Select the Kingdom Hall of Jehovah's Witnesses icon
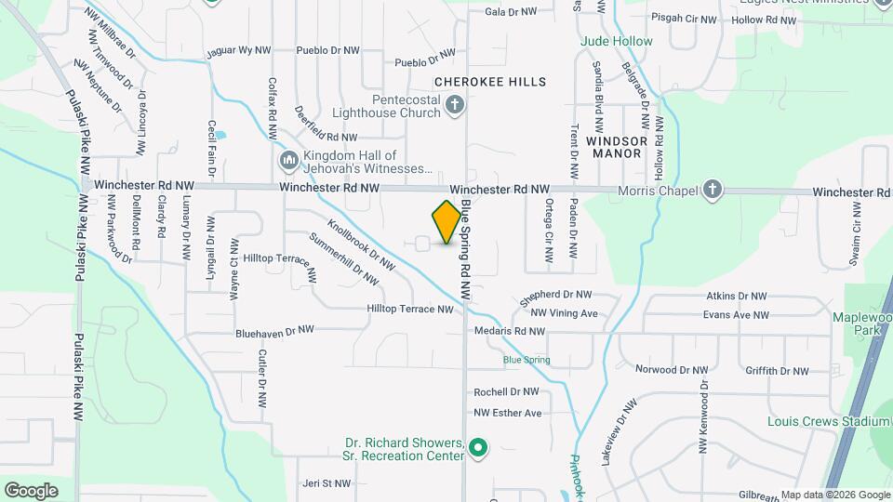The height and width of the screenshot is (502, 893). pos(288,162)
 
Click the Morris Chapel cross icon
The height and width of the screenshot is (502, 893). pos(713,191)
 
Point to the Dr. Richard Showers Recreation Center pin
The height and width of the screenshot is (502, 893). pos(478,449)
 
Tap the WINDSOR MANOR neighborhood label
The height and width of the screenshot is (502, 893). pos(616,147)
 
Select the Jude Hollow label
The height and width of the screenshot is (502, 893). pos(616,41)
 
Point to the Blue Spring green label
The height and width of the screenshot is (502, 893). pos(526,360)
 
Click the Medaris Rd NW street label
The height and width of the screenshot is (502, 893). pos(510,331)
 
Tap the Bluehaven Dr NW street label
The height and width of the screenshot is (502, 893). pos(274,330)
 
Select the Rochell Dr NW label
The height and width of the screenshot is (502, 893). pos(506,392)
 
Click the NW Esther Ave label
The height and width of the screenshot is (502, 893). pos(507,413)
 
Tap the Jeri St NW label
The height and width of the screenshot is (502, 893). pos(327,483)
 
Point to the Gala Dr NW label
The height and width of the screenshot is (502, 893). pos(512,12)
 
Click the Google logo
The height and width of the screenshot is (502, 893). pos(31,490)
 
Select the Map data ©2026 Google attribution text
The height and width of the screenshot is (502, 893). pos(835,495)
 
